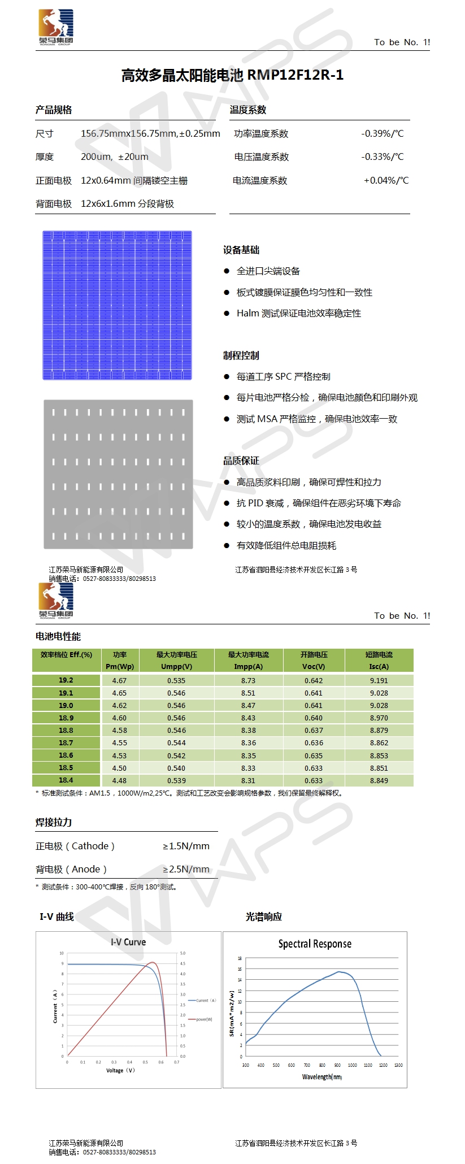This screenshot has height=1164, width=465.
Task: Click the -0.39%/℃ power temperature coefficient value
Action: tap(383, 134)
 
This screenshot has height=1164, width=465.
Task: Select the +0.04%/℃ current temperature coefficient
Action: tap(386, 181)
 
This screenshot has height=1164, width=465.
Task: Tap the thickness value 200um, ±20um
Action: tap(115, 157)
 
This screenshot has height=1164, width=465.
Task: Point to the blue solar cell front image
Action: tap(117, 305)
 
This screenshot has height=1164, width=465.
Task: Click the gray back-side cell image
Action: tap(118, 474)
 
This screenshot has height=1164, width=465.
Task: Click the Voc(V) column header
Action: tap(314, 666)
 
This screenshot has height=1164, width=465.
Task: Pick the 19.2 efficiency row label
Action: tap(66, 680)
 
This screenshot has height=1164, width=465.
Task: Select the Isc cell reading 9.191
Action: tap(379, 681)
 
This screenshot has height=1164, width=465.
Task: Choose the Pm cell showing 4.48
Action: tap(119, 780)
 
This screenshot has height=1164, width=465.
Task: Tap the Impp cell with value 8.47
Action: tap(248, 706)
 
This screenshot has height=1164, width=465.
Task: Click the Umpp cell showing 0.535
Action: tap(176, 681)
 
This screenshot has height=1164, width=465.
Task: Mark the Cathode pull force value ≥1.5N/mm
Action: tap(186, 846)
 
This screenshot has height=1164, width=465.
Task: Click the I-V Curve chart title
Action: tap(128, 942)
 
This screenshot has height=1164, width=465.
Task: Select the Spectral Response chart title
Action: tap(315, 944)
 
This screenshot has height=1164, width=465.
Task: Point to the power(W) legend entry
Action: tap(204, 1019)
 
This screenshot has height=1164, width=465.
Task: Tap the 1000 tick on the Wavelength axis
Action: tap(353, 1065)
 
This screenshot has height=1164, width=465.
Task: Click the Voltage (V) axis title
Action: tap(120, 1070)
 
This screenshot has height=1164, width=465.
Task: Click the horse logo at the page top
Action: tap(56, 27)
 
